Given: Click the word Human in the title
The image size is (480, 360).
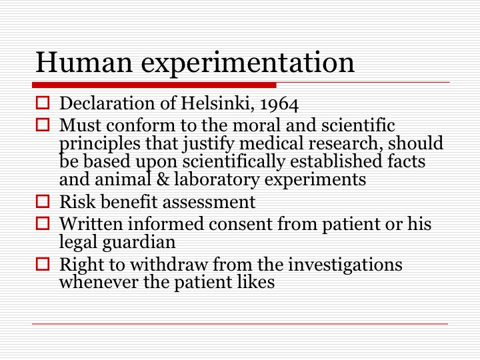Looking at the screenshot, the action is tap(84, 62).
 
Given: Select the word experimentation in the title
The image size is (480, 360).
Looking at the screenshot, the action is tap(247, 65).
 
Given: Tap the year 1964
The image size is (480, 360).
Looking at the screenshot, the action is tap(279, 104).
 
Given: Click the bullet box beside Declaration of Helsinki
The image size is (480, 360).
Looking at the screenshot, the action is tap(43, 103).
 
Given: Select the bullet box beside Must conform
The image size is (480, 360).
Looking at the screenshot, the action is tap(43, 125).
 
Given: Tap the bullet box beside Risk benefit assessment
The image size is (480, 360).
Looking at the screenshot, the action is tap(43, 201).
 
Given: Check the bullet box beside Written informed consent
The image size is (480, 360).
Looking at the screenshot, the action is tap(43, 223).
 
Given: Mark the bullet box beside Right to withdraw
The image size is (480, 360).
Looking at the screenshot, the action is tap(43, 264).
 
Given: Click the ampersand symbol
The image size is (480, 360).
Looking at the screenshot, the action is tap(163, 179).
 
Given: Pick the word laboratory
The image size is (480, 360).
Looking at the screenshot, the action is tap(217, 179).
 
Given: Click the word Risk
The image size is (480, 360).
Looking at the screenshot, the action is tap(78, 202).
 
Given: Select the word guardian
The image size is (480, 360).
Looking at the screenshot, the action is tap(139, 242).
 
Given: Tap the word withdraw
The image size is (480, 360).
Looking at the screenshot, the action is tap(169, 264).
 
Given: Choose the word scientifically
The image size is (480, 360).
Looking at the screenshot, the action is tap(234, 162).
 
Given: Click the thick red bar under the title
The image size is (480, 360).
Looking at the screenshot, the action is tap(154, 85).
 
